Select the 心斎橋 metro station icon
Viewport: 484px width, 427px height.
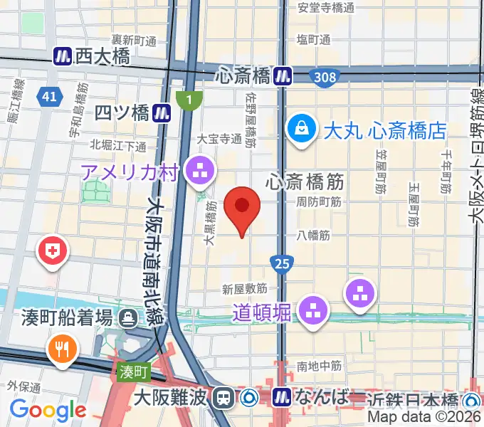[284, 74]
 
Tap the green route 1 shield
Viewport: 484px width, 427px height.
[188, 100]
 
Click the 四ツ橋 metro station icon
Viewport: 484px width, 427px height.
[163, 112]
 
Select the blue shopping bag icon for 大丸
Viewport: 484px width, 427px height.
[302, 130]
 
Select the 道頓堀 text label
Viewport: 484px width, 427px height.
[261, 311]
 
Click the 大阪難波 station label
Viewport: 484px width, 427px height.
[173, 396]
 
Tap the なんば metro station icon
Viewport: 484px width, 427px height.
[283, 396]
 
